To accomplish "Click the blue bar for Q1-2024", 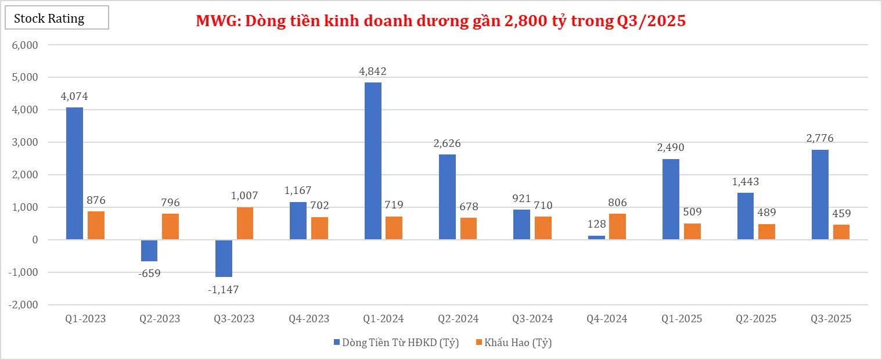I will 373,161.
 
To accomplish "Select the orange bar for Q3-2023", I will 245,223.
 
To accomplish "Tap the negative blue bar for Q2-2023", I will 149,250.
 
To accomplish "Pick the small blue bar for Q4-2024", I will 596,237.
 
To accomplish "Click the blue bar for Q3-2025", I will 820,195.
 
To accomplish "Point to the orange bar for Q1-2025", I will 692,231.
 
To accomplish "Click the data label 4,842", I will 373,71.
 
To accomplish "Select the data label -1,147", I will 223,289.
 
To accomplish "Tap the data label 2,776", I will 819,138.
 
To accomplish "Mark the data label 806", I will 617,203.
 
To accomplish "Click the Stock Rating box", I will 56,18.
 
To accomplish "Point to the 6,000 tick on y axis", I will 25,45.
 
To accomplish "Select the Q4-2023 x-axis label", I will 309,319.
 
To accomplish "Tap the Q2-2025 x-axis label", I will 756,319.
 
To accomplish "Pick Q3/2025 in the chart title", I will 650,21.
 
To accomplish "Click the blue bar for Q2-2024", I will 447,197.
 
